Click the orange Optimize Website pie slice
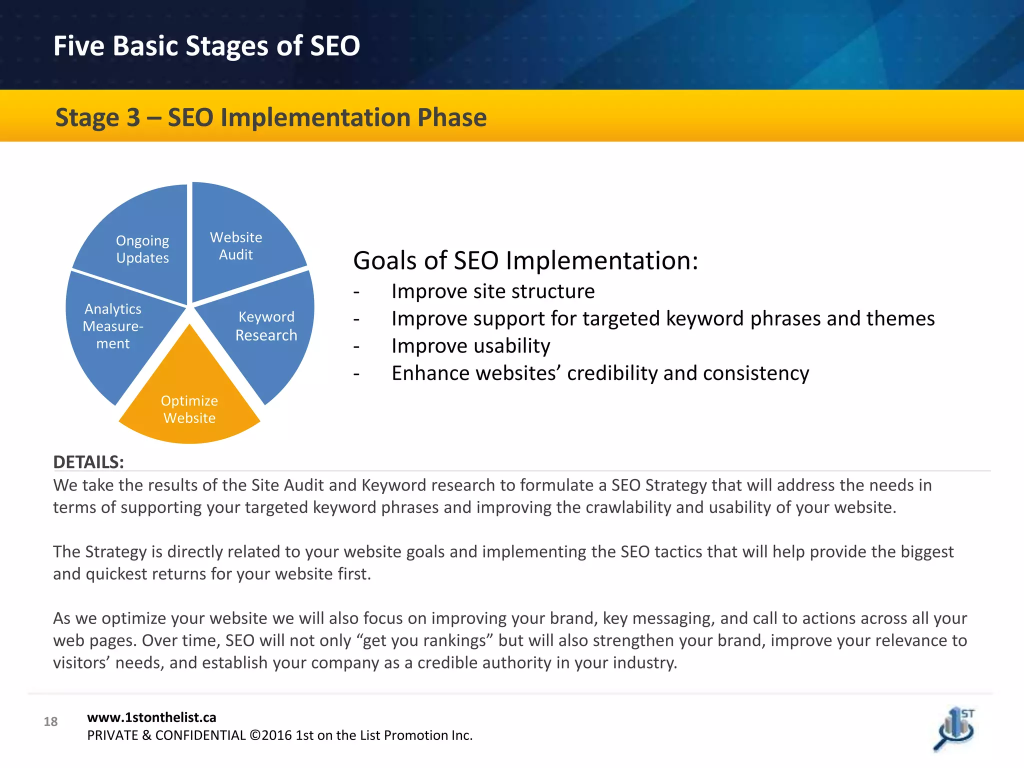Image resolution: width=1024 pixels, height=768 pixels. [189, 400]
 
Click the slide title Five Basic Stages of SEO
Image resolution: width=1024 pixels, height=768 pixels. [206, 45]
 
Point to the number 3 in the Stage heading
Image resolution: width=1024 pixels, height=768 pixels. [133, 118]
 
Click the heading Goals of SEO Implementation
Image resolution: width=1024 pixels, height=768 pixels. [525, 260]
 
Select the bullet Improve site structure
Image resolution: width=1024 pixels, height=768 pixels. [492, 291]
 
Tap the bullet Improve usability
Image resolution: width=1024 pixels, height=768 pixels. [470, 346]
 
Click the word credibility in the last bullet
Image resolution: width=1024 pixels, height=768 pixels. [612, 373]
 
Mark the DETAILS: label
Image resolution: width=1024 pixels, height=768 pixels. [88, 462]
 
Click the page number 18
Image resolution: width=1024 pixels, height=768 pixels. [50, 721]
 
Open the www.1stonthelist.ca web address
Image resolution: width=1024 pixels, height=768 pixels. [151, 717]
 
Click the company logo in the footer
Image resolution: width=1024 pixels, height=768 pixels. [955, 729]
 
